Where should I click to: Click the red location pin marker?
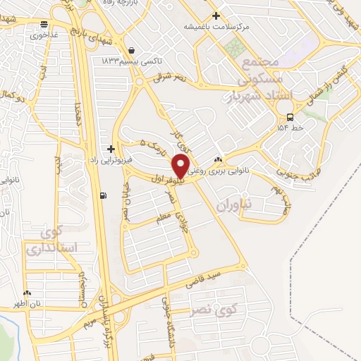click(181, 166)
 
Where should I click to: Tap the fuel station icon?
click(104, 195)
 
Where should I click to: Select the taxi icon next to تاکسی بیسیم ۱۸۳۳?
click(132, 51)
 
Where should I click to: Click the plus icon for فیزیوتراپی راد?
click(111, 149)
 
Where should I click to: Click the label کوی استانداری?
click(45, 239)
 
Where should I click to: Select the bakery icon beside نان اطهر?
click(27, 293)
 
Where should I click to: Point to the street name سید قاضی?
click(204, 276)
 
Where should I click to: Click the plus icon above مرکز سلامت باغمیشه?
click(216, 16)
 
